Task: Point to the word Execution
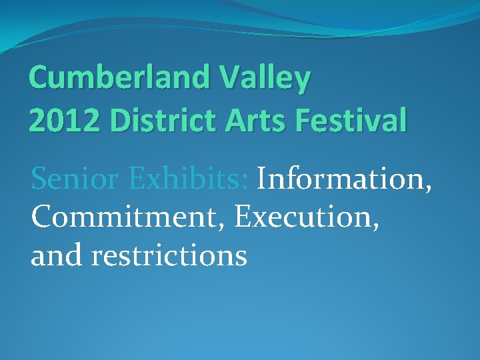point(303,217)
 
